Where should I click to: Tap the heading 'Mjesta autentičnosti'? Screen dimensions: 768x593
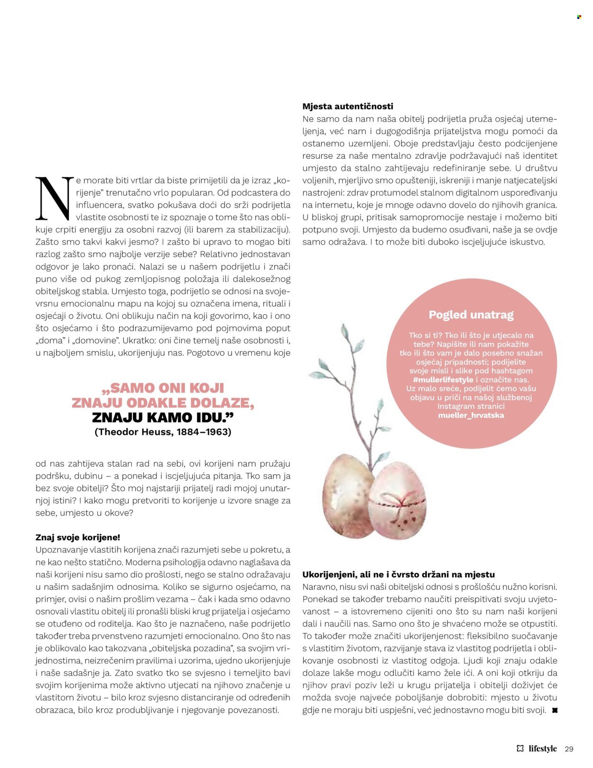[348, 106]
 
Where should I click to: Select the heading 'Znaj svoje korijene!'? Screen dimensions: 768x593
[78, 537]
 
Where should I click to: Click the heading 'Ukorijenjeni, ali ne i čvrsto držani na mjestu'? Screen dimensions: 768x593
[398, 574]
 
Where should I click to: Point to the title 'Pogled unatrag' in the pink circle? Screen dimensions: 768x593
[471, 315]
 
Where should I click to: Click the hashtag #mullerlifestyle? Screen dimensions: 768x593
[443, 379]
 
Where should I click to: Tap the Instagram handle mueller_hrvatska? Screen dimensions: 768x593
[471, 415]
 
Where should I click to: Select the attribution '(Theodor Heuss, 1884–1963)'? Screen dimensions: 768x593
[163, 432]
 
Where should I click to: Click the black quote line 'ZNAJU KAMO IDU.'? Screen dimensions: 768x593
[163, 417]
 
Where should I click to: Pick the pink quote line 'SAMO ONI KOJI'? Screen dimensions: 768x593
[163, 388]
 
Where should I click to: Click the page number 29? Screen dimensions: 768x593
[569, 749]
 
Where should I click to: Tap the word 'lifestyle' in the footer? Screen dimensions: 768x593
[543, 749]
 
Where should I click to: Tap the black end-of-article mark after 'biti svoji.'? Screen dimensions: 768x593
[556, 710]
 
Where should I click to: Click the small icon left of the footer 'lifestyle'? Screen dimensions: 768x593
[520, 749]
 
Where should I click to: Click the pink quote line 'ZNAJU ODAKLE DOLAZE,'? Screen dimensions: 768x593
[163, 403]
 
